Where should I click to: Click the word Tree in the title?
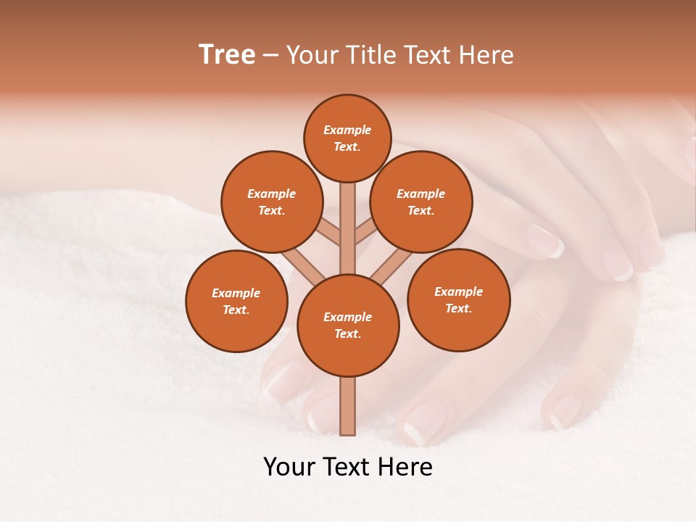tap(227, 55)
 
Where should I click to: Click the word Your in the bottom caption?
tap(290, 467)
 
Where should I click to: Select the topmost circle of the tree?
tap(347, 138)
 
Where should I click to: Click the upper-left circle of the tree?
tap(271, 202)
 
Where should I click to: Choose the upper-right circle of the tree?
tap(421, 202)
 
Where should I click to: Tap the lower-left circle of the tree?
tap(236, 301)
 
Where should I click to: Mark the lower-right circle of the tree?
tap(458, 299)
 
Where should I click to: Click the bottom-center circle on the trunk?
tap(348, 325)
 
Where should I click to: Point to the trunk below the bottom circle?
tap(348, 406)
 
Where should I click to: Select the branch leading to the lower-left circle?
tap(303, 267)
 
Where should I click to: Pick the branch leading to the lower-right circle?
tap(392, 265)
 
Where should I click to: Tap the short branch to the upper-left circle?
tap(328, 233)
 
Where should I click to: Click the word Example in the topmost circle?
tap(347, 130)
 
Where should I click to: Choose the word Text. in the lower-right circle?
tap(458, 308)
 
